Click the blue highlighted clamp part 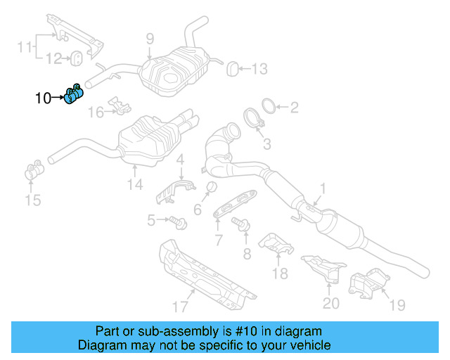point(74,95)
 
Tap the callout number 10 point(43,98)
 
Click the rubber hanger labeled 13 point(231,67)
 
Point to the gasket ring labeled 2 point(268,107)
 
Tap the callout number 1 point(323,188)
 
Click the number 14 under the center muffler point(135,184)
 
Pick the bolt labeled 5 point(176,221)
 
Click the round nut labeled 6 point(208,186)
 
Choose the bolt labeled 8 point(240,224)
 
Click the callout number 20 point(330,303)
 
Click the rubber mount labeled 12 point(79,56)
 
